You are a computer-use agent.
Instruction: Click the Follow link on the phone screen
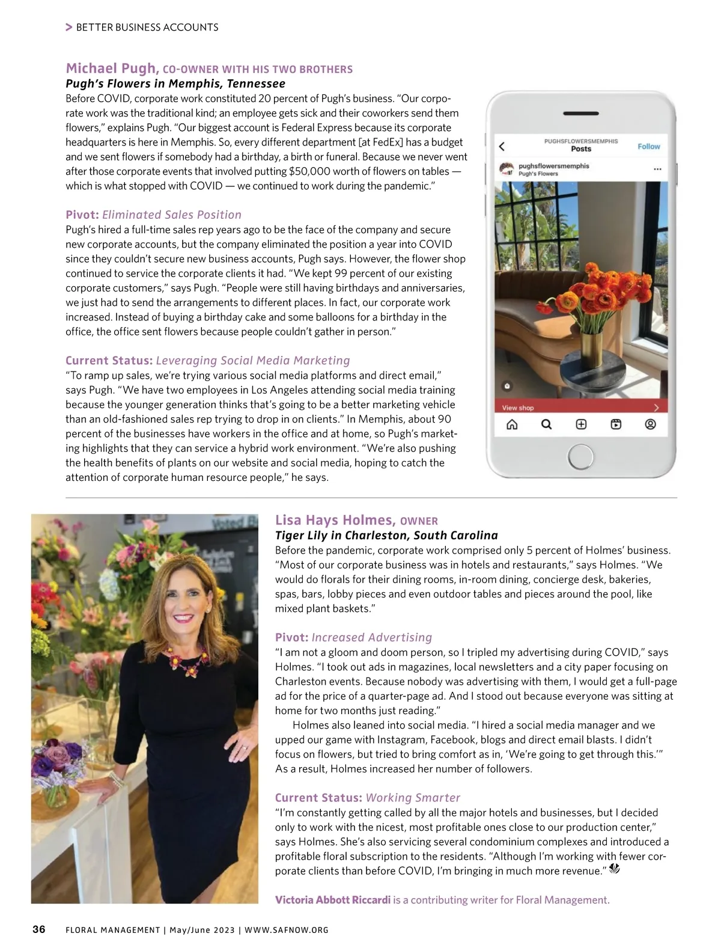click(648, 146)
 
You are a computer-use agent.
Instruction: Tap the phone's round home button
click(580, 457)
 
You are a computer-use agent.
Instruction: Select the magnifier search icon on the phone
click(546, 424)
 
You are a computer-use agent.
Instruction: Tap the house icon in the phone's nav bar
click(512, 424)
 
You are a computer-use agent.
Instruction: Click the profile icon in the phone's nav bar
click(650, 424)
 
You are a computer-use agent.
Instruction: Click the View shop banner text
click(518, 408)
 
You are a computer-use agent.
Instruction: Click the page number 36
click(38, 929)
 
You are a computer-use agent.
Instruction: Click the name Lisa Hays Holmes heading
click(335, 520)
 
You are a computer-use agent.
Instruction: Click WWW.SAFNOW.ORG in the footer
click(287, 930)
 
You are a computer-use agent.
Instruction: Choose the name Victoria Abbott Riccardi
click(332, 900)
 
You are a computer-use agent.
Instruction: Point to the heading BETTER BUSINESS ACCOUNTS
click(147, 27)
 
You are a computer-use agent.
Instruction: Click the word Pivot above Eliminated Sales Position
click(82, 215)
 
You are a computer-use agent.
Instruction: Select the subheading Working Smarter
click(413, 798)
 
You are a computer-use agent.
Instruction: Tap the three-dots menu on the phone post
click(657, 169)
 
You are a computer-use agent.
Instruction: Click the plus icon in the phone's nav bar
click(581, 424)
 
